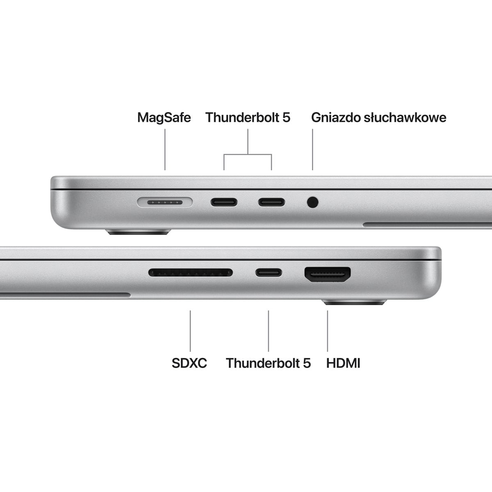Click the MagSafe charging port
pos(165,202)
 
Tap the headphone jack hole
pos(312,202)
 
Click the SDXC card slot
pos(190,272)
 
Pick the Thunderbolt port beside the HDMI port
pos(269,272)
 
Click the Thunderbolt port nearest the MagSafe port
pos(224,202)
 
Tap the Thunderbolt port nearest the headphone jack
pos(271,202)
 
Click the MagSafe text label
pos(164,118)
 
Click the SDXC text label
pos(189,363)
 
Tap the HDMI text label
pos(343,363)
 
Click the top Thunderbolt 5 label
pos(248,118)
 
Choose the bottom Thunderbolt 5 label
pos(268,363)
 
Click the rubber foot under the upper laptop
pos(138,232)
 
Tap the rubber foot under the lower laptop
pos(354,303)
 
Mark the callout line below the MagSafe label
pos(165,149)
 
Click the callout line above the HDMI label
pos(328,330)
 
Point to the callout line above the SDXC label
pos(190,330)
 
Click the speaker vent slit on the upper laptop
pos(426,225)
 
